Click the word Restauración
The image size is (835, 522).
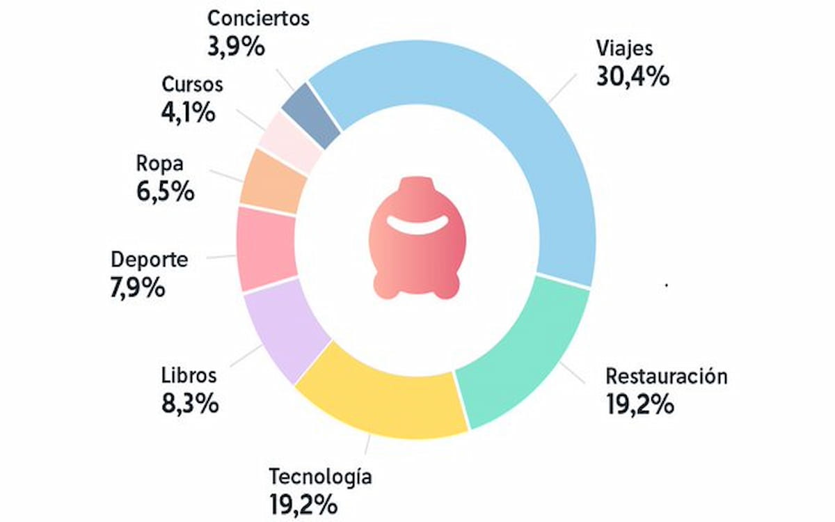pos(666,377)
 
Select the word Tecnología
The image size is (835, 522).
pos(320,477)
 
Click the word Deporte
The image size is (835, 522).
pos(149,260)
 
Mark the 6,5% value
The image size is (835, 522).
pos(165,191)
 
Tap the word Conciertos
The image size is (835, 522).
pos(257,17)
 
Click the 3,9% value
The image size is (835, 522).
pos(236,47)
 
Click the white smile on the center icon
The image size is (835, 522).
pos(415,225)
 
